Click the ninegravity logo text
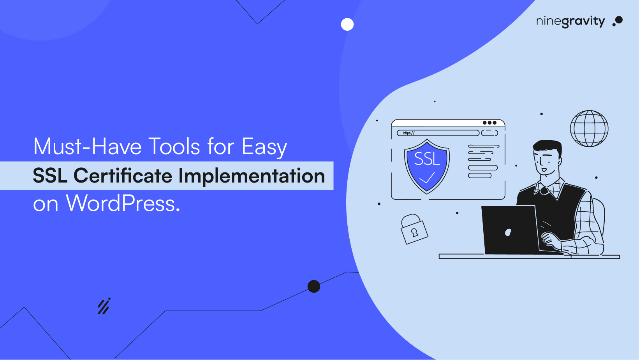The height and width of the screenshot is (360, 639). click(570, 21)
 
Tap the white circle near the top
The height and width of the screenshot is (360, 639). click(347, 25)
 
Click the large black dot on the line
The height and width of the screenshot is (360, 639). click(314, 286)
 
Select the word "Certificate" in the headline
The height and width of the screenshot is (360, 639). click(123, 176)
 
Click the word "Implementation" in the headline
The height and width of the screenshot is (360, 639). click(252, 176)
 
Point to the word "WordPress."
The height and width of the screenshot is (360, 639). click(123, 204)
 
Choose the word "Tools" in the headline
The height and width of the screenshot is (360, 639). click(174, 147)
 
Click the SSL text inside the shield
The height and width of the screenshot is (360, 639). click(427, 159)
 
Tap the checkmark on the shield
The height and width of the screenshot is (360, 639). click(427, 178)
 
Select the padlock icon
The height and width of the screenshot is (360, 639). click(414, 229)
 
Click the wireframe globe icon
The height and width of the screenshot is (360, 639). click(589, 128)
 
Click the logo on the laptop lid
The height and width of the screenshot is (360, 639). click(508, 232)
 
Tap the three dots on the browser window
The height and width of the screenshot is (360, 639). click(489, 123)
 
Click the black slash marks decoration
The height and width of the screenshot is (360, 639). click(104, 306)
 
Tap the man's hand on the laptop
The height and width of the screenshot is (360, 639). click(549, 238)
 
